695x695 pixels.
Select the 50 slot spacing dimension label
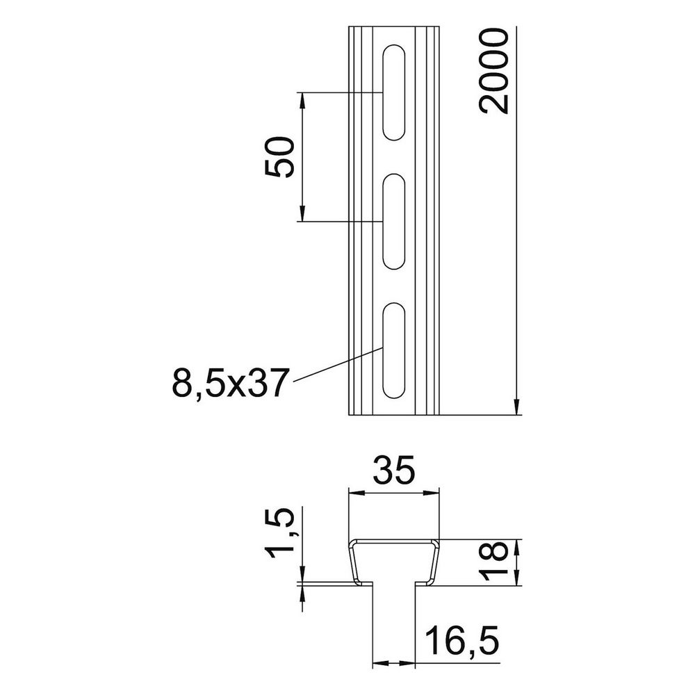279,157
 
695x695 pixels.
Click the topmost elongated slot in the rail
393,92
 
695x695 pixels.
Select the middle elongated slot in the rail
393,221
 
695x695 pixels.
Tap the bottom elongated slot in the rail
393,350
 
